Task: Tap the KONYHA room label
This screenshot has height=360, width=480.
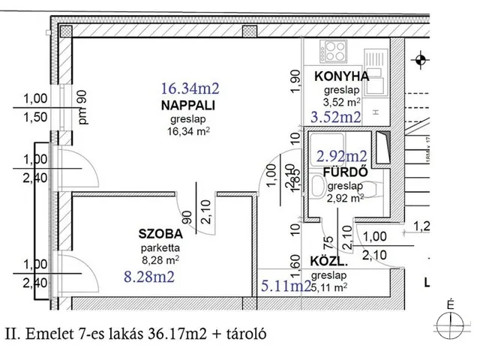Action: pyautogui.click(x=341, y=76)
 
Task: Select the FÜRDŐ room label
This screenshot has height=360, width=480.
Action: pyautogui.click(x=344, y=172)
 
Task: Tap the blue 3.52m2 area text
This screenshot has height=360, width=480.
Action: pyautogui.click(x=336, y=117)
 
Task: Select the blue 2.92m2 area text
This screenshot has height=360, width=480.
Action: pyautogui.click(x=341, y=156)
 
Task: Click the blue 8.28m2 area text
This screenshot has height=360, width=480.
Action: pyautogui.click(x=149, y=277)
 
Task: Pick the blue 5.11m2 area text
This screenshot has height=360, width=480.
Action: pyautogui.click(x=286, y=285)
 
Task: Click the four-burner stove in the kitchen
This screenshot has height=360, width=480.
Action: pyautogui.click(x=331, y=53)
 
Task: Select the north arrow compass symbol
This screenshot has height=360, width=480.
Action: pyautogui.click(x=449, y=318)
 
